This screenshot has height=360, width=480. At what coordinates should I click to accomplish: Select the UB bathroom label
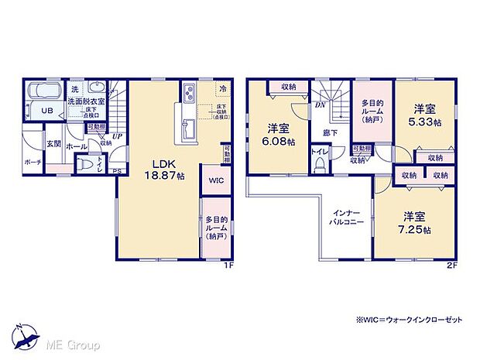click(x=47, y=111)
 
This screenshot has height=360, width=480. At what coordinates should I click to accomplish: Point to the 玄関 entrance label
click(x=53, y=143)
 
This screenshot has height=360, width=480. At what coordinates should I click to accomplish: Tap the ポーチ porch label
click(x=32, y=163)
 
